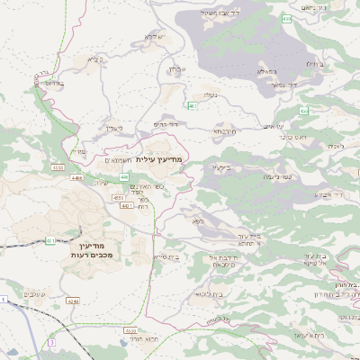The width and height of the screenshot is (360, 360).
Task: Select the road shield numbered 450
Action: pos(287,17)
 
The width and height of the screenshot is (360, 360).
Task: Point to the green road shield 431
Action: pos(51,240)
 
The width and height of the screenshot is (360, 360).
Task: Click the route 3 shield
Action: pos(53,343)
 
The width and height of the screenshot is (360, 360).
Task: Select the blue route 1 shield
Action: pos(4,298)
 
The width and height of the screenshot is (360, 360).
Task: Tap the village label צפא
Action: pos(197,220)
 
